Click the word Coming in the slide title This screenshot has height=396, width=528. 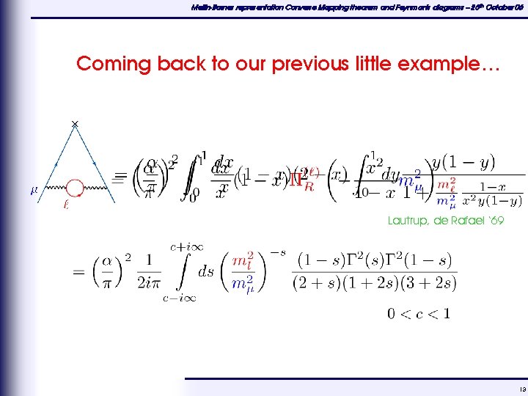[x=106, y=64]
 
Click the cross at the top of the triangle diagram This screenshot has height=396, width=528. [x=75, y=123]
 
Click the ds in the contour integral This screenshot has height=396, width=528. [x=206, y=271]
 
